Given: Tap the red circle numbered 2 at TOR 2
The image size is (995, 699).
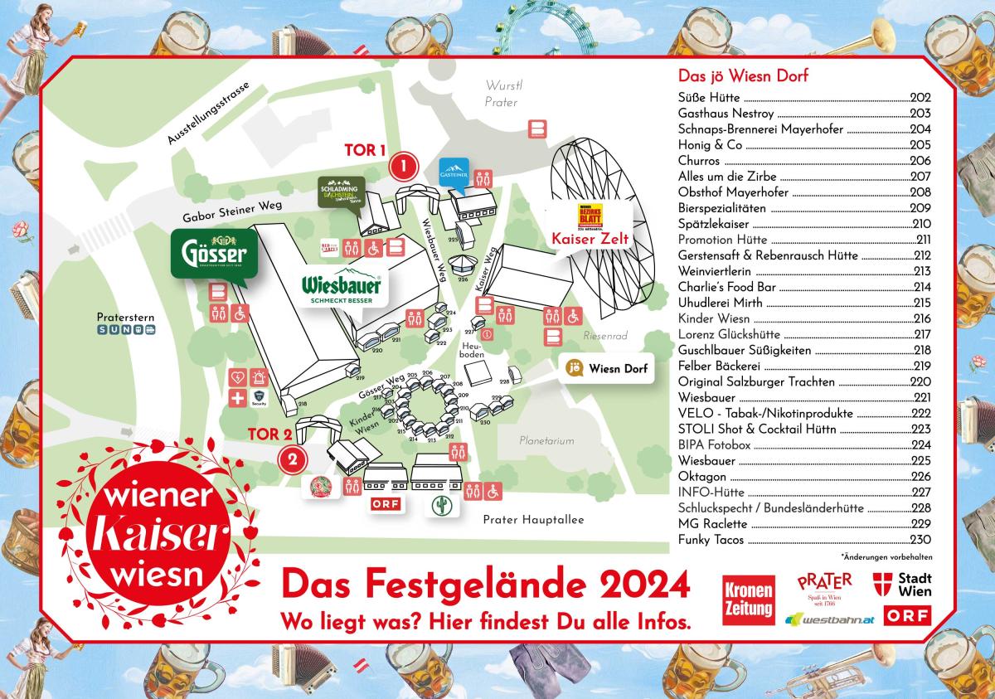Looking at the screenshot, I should [292, 457].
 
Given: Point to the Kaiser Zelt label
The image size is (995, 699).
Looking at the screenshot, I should [590, 239].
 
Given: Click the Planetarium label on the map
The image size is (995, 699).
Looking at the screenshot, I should [546, 441].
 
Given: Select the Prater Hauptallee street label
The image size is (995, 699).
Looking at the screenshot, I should [533, 519].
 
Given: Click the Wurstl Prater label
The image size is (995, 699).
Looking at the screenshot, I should [501, 94].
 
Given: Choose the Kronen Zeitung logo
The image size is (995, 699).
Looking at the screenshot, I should [748, 599].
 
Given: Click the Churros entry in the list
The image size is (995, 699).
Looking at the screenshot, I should [699, 161].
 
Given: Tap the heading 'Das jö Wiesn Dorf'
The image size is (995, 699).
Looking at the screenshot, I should [743, 76].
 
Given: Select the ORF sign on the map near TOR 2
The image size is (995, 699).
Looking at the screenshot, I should [385, 504].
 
